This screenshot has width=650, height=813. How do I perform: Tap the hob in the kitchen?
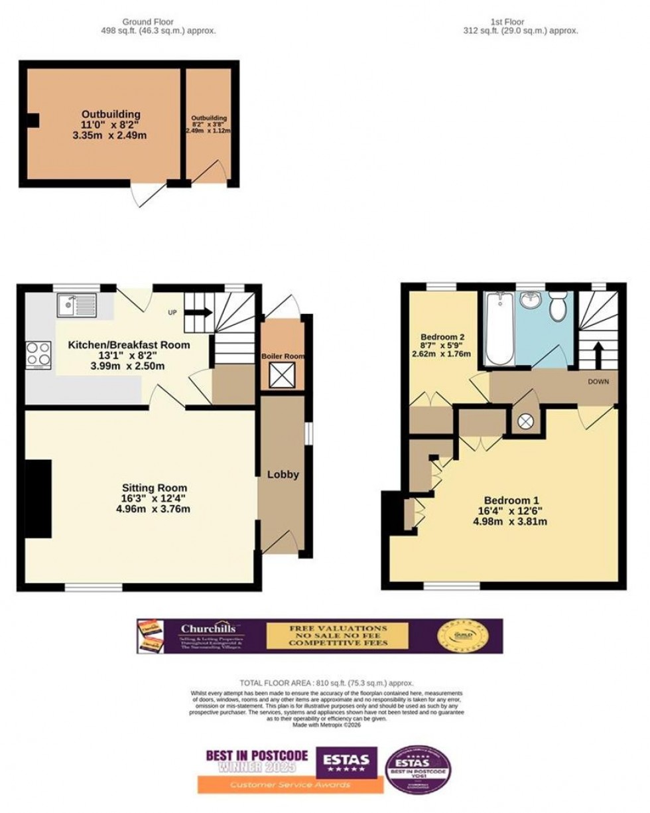point(38,354)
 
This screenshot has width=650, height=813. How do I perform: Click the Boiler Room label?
point(283,356)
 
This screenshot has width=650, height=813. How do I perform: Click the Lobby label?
point(283,475)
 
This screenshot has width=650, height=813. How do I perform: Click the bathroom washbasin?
point(529,302)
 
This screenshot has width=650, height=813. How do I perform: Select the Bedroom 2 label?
point(442,337)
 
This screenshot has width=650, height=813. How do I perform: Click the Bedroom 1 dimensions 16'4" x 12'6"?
point(510,511)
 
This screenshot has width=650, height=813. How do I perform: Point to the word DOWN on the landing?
point(598,382)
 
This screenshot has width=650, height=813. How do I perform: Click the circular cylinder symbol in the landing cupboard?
point(526,420)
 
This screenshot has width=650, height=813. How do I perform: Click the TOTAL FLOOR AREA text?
point(326,683)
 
